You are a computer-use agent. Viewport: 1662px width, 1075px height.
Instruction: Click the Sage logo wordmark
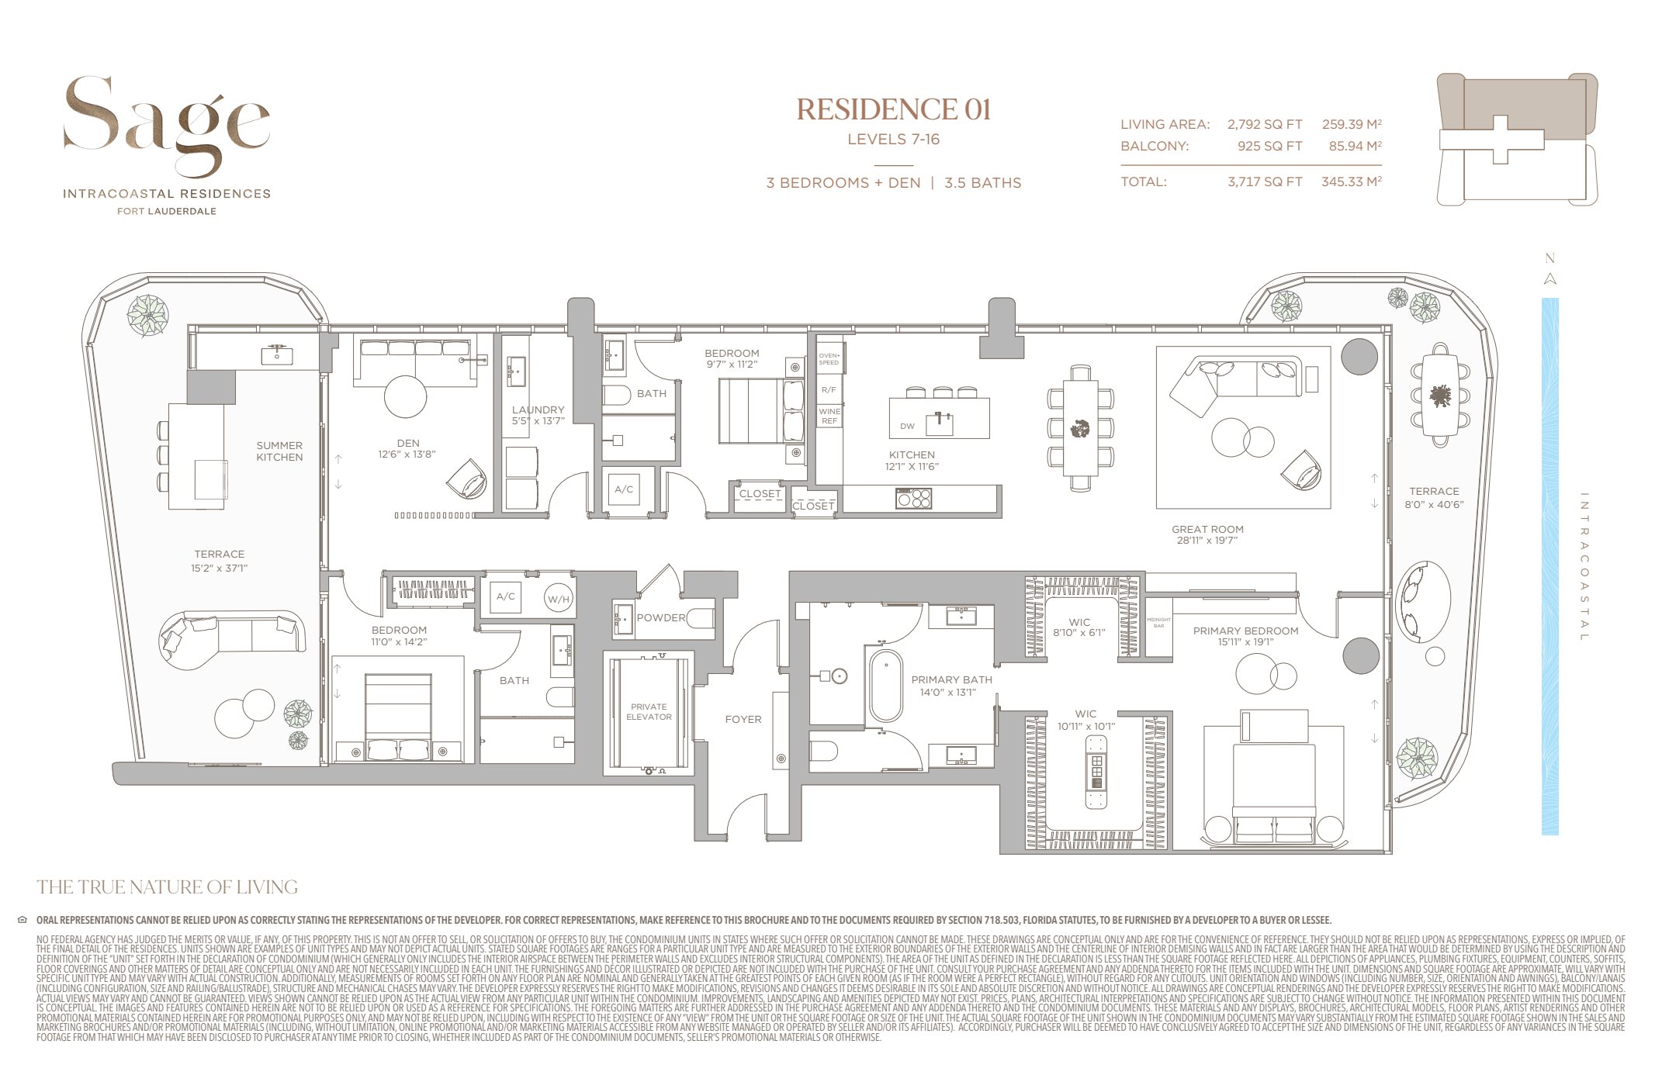pos(166,124)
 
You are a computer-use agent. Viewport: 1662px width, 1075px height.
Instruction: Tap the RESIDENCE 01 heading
pos(893,110)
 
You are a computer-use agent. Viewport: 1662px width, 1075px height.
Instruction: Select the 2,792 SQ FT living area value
pos(1264,124)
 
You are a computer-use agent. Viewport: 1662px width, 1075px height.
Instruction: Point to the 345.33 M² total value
pos(1351,181)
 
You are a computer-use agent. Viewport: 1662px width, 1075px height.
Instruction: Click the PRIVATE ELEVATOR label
pos(649,712)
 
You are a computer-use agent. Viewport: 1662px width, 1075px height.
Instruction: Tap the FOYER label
pos(743,720)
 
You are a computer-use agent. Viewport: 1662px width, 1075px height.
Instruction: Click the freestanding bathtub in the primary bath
pos(885,686)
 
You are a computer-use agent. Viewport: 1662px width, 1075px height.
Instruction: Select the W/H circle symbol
pos(558,599)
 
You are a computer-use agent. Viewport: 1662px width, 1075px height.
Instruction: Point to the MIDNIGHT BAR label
pos(1158,623)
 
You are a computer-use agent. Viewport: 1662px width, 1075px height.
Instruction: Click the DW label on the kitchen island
pos(907,426)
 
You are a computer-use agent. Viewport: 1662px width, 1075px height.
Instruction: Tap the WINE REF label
pos(829,416)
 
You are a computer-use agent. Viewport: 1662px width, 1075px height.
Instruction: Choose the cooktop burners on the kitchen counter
pos(913,498)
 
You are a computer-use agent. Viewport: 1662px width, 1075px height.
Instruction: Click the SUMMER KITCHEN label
pos(279,451)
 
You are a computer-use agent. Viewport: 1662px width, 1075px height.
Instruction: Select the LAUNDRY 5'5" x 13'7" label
pos(538,415)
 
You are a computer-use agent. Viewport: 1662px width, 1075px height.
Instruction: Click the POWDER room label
pos(661,618)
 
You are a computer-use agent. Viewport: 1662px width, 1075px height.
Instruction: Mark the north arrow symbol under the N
pos(1549,279)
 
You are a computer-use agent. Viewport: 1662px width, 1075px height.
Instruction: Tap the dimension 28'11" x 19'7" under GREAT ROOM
pos(1207,541)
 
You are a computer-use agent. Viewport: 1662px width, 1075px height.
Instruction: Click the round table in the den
pos(405,396)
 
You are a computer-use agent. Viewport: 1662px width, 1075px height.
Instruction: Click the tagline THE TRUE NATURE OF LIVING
pos(167,887)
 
